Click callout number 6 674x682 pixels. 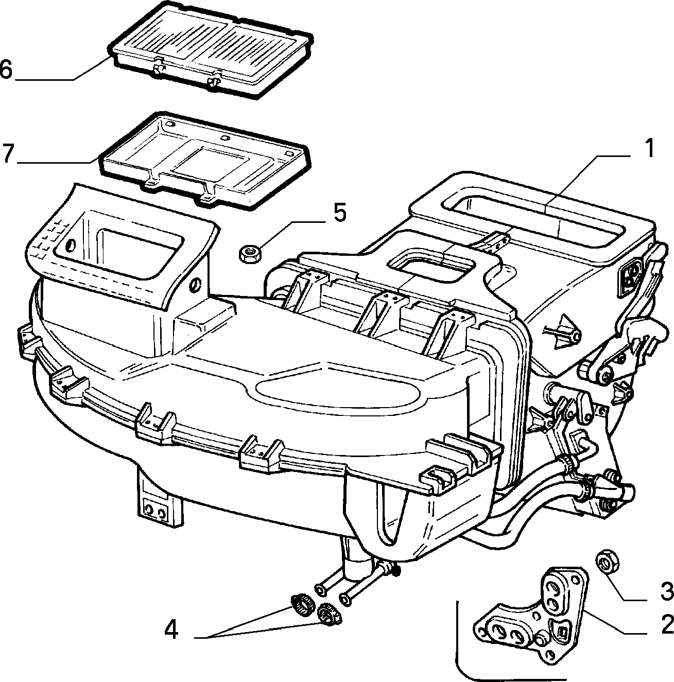click(6, 69)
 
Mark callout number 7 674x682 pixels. click(8, 153)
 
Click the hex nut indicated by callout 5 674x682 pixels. click(250, 253)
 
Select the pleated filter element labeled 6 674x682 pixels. click(211, 50)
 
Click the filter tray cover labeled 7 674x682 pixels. click(205, 159)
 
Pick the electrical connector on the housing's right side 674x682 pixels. click(629, 275)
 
